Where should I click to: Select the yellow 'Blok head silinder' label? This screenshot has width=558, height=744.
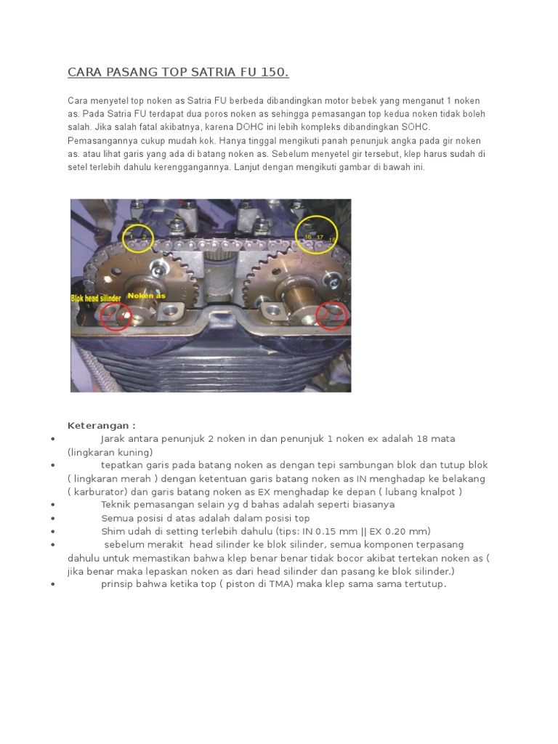[97, 298]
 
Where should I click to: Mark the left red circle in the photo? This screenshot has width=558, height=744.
[115, 315]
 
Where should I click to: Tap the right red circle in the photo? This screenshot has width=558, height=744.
[332, 315]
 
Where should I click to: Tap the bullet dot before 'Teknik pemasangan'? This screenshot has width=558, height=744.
[54, 505]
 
